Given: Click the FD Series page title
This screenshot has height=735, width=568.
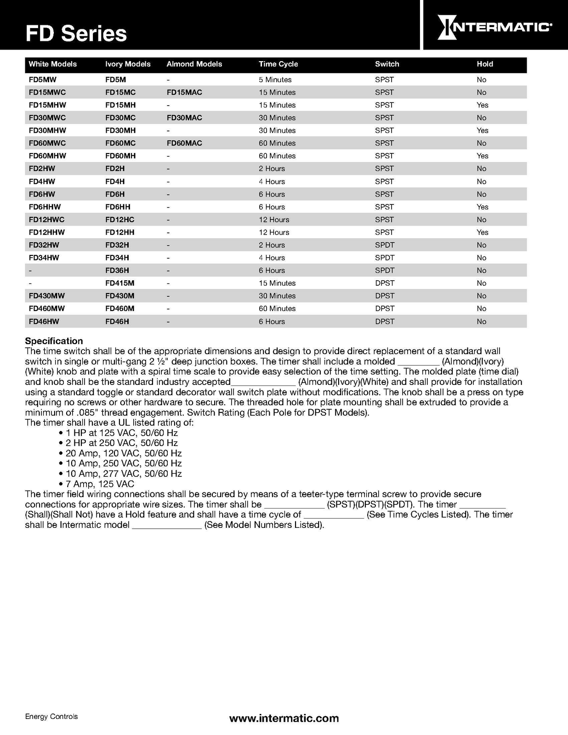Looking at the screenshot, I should point(76,34).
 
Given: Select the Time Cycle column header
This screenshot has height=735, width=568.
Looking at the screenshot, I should point(278,64).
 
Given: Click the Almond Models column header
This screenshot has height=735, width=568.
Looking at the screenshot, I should point(194,64).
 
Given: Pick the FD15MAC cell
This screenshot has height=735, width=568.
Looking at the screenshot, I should point(184,92).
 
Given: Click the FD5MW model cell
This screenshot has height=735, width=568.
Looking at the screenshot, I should point(42,79).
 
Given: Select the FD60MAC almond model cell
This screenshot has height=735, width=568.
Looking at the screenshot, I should point(184,143).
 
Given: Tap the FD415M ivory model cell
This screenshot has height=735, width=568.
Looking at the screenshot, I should point(119,283).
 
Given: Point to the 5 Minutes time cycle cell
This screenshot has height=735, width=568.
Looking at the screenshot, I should point(275,79).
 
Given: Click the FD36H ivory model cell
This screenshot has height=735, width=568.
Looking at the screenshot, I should point(117,271).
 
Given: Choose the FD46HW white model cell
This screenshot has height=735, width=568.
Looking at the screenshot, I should point(44,322).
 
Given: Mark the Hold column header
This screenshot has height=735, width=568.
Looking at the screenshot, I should point(484,64).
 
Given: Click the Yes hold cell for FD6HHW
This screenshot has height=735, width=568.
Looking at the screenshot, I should point(482,207).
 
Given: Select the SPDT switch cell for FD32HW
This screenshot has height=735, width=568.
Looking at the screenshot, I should point(384,245).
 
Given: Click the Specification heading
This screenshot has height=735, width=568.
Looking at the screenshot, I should point(54,341).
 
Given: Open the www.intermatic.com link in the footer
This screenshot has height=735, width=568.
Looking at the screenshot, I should point(284,718).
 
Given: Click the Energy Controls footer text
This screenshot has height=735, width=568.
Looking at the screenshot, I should point(51,717).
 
